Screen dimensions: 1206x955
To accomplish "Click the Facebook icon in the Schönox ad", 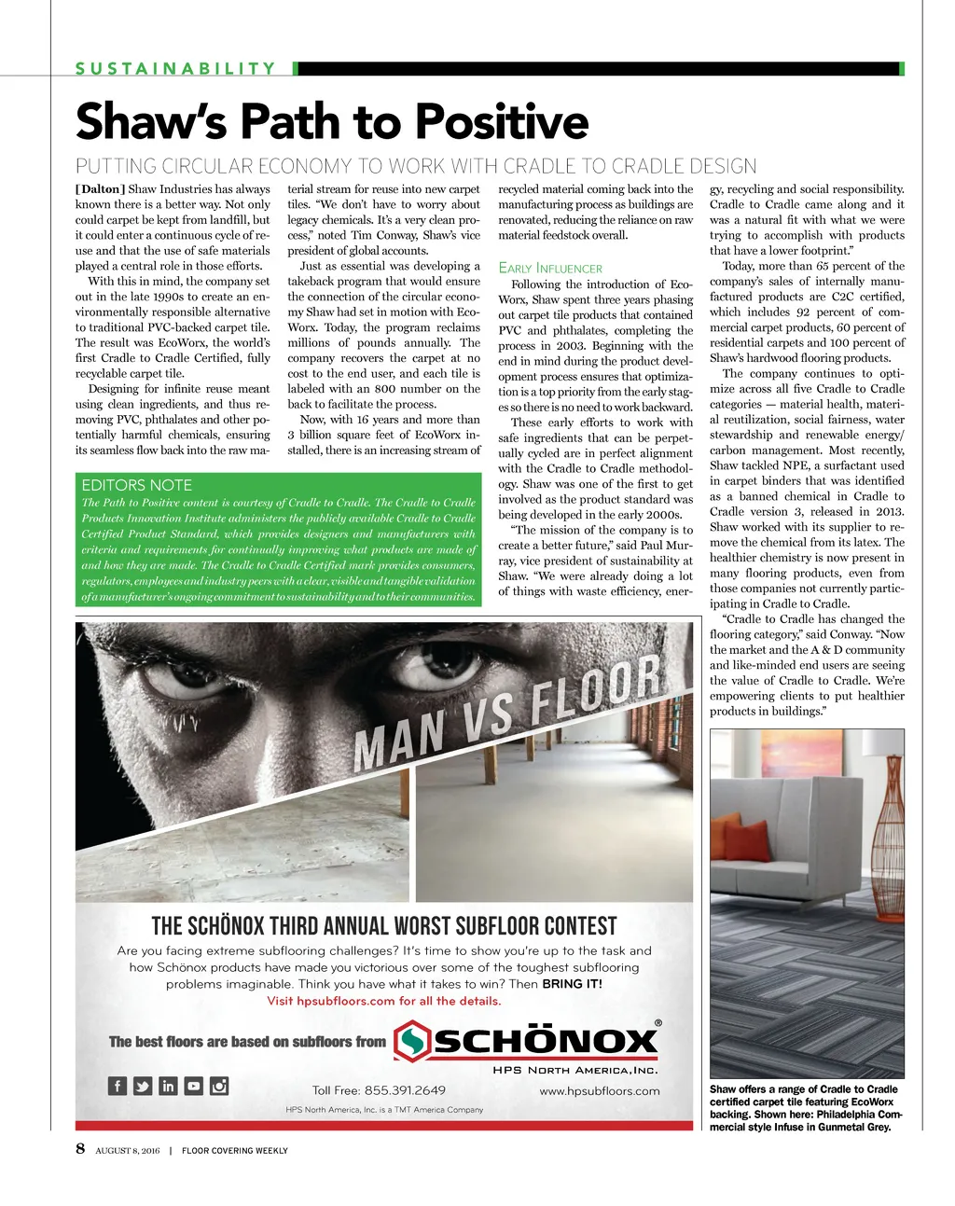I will point(118,1086).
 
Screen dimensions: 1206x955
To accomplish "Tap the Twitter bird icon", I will point(143,1086).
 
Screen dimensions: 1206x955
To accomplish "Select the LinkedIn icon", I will point(168,1086).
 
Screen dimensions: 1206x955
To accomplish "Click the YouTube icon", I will point(193,1086).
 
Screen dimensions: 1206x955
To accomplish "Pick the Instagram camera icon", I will point(219,1086).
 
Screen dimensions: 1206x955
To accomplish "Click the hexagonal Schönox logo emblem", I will point(411,1041).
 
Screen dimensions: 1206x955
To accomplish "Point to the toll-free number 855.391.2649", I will point(405,1090).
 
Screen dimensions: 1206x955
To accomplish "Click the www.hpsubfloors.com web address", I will point(599,1090).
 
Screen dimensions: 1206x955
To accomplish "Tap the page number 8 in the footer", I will point(80,1148).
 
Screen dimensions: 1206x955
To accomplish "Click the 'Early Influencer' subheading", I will point(550,269).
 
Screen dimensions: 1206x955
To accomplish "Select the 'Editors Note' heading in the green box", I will point(136,485).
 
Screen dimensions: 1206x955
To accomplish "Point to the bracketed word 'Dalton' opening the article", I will point(100,189).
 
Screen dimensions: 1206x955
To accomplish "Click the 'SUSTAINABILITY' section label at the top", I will point(176,68).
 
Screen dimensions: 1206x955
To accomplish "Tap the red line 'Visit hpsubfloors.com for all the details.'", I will point(383,1001).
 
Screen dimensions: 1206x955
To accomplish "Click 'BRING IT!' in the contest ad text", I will point(572,984).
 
